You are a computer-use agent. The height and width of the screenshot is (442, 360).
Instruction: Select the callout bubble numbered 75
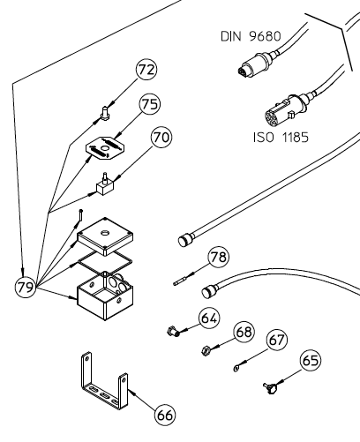[x=149, y=105]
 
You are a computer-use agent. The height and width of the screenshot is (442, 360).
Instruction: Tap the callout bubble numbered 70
[x=160, y=138]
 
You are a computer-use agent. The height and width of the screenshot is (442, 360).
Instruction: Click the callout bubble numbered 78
[x=218, y=257]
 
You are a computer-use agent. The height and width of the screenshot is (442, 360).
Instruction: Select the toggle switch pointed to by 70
[x=106, y=184]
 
